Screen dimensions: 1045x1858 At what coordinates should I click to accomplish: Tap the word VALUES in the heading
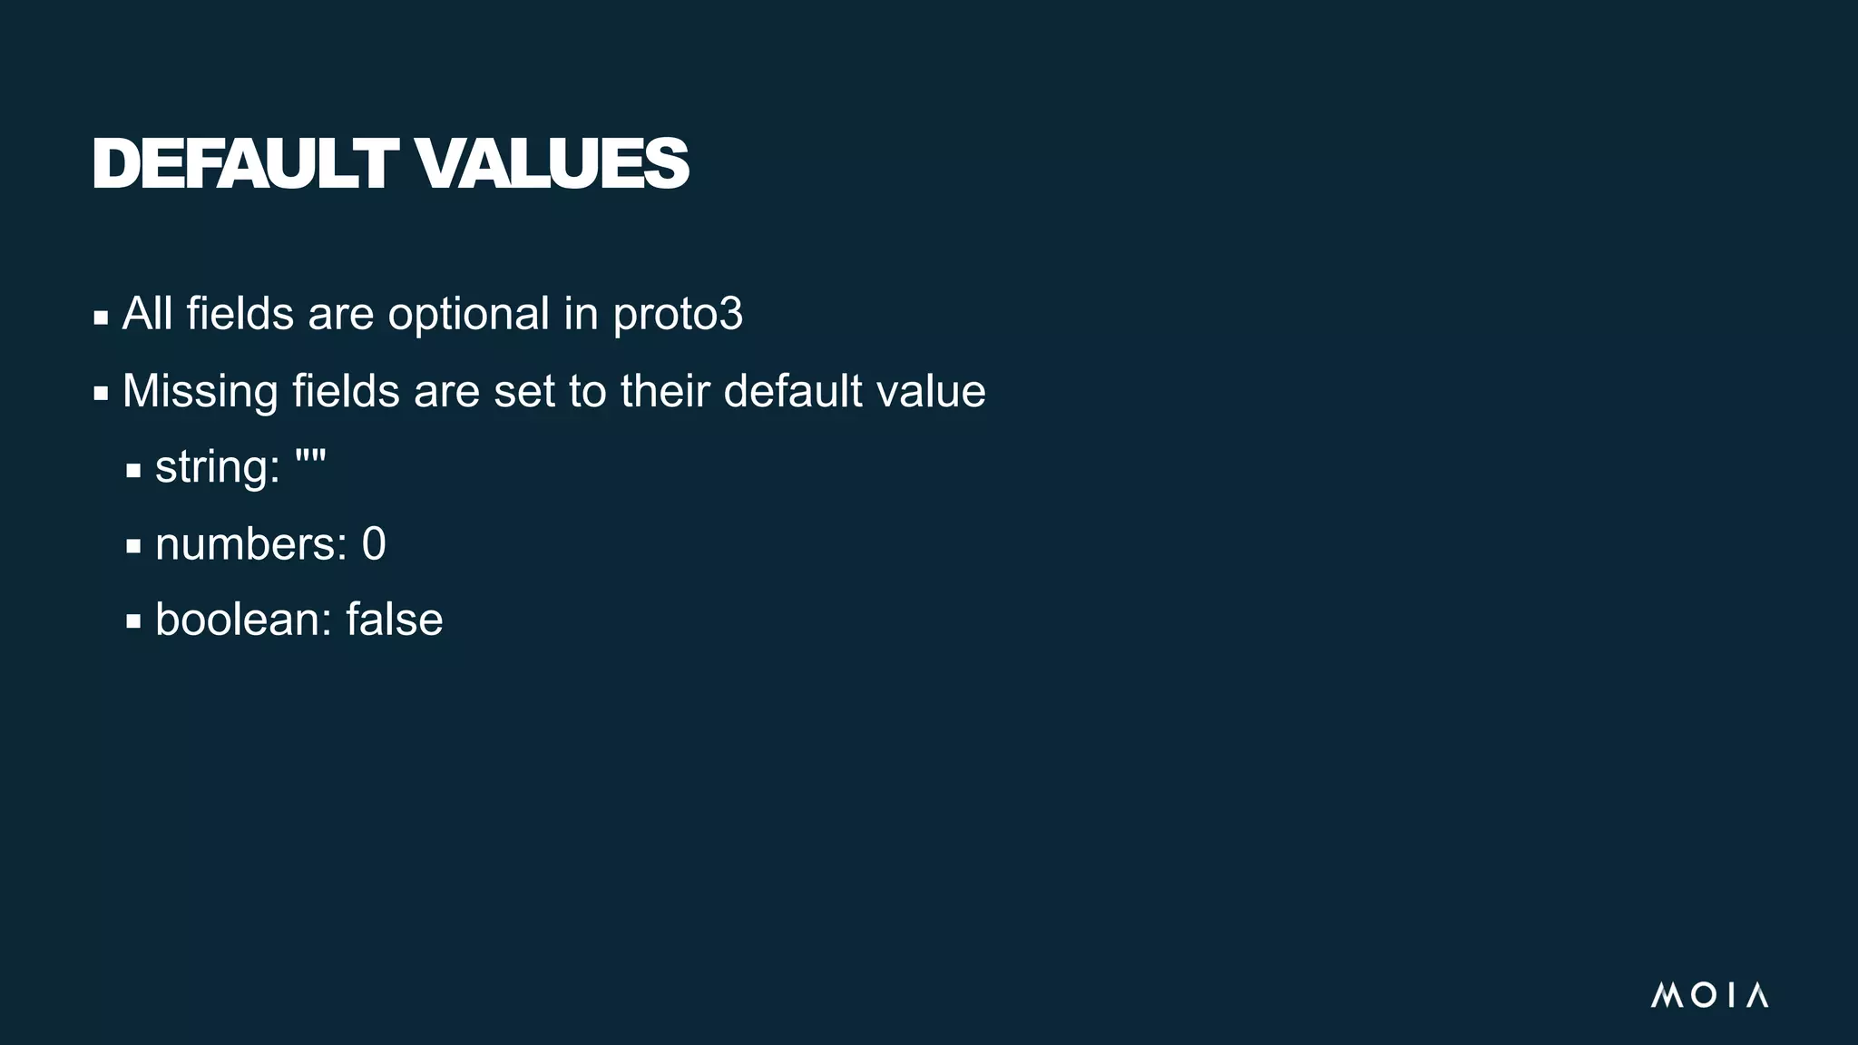point(553,164)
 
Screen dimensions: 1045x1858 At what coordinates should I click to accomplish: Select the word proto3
point(678,315)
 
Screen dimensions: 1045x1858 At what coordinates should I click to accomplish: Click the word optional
point(468,315)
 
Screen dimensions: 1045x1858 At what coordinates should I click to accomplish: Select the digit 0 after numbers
point(374,544)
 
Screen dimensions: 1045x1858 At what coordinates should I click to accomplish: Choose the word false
point(395,620)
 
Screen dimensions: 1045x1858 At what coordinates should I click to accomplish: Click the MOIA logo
point(1709,995)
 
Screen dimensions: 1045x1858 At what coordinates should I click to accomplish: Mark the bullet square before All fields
point(101,317)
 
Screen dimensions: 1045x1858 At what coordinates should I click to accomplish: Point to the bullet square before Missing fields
point(101,395)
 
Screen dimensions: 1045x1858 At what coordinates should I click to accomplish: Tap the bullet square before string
point(133,471)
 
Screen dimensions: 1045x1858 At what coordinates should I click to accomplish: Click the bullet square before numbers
point(133,546)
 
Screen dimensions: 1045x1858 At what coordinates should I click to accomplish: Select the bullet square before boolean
point(133,622)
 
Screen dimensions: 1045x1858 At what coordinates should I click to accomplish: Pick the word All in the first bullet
point(147,314)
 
